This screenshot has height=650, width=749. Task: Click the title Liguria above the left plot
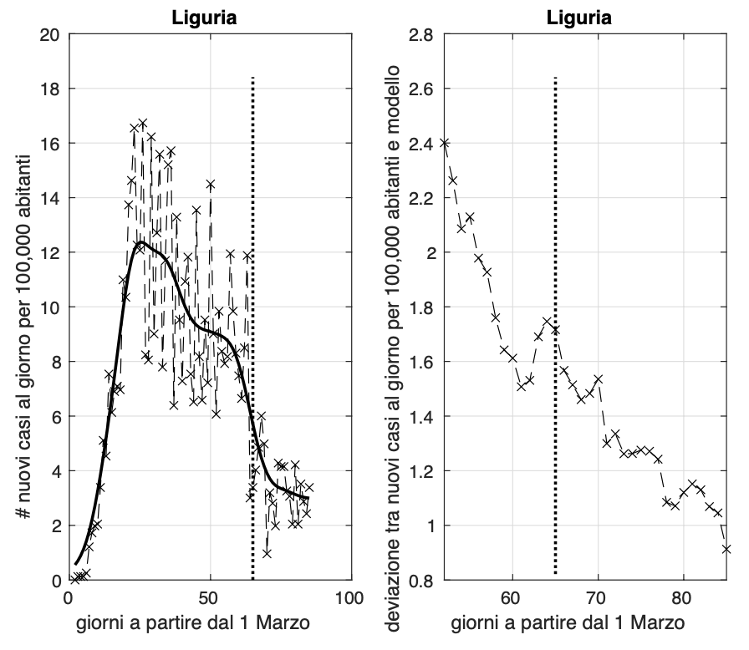click(x=209, y=18)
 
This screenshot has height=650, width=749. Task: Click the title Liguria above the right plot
click(x=584, y=18)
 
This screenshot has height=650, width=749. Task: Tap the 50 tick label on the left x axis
click(x=210, y=598)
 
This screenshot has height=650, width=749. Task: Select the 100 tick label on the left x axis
click(x=349, y=598)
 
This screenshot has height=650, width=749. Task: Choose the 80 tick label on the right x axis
click(x=684, y=598)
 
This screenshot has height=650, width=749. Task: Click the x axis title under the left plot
click(x=209, y=622)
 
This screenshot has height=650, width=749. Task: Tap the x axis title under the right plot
click(x=584, y=622)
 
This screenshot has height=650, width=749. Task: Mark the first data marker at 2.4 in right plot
click(x=445, y=143)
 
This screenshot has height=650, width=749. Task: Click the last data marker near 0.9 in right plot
click(x=726, y=549)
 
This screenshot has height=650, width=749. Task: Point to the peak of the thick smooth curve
click(x=140, y=242)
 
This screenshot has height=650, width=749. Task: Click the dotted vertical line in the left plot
click(x=252, y=334)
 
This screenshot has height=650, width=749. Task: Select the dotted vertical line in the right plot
click(x=555, y=334)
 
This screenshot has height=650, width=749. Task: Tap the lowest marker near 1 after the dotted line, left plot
click(x=267, y=553)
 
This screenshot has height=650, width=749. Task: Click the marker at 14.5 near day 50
click(x=211, y=184)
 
